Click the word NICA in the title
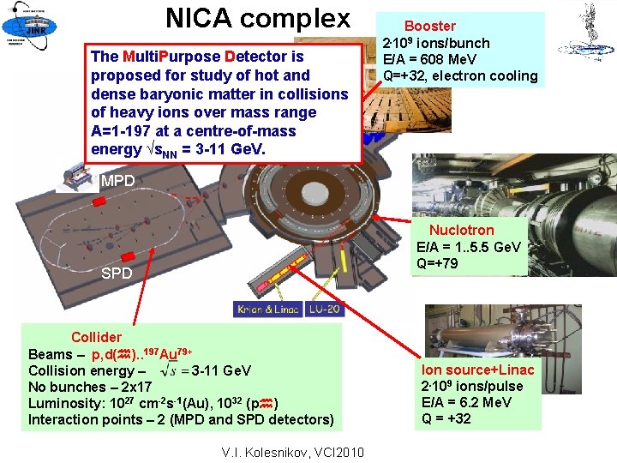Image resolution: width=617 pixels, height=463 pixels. [200, 18]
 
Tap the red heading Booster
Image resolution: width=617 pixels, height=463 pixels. [429, 27]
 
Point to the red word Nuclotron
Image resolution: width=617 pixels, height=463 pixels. [461, 230]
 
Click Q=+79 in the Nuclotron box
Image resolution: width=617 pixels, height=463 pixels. [437, 264]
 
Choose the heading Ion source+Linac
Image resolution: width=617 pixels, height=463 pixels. [477, 370]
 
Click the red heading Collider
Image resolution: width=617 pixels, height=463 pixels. [96, 337]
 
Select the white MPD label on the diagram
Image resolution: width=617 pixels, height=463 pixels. [117, 181]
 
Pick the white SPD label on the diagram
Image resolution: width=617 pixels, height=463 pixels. [117, 274]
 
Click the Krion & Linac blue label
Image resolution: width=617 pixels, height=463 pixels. [267, 309]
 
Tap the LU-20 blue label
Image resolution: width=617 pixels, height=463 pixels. [326, 309]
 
